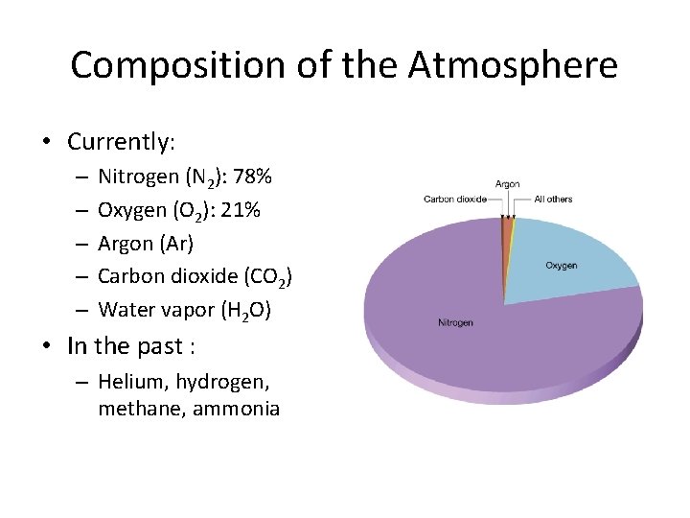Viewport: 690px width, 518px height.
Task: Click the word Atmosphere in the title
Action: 513,65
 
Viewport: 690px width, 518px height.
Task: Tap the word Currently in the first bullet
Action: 120,142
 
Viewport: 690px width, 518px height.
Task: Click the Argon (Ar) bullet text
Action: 146,244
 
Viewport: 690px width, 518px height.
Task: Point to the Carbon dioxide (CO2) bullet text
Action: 195,277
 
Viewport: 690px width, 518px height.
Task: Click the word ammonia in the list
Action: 236,409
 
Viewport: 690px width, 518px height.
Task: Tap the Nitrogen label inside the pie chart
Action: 455,322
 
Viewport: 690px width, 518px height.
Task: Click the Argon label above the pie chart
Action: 508,184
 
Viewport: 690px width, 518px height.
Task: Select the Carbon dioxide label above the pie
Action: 455,200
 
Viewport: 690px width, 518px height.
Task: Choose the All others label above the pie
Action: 553,200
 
